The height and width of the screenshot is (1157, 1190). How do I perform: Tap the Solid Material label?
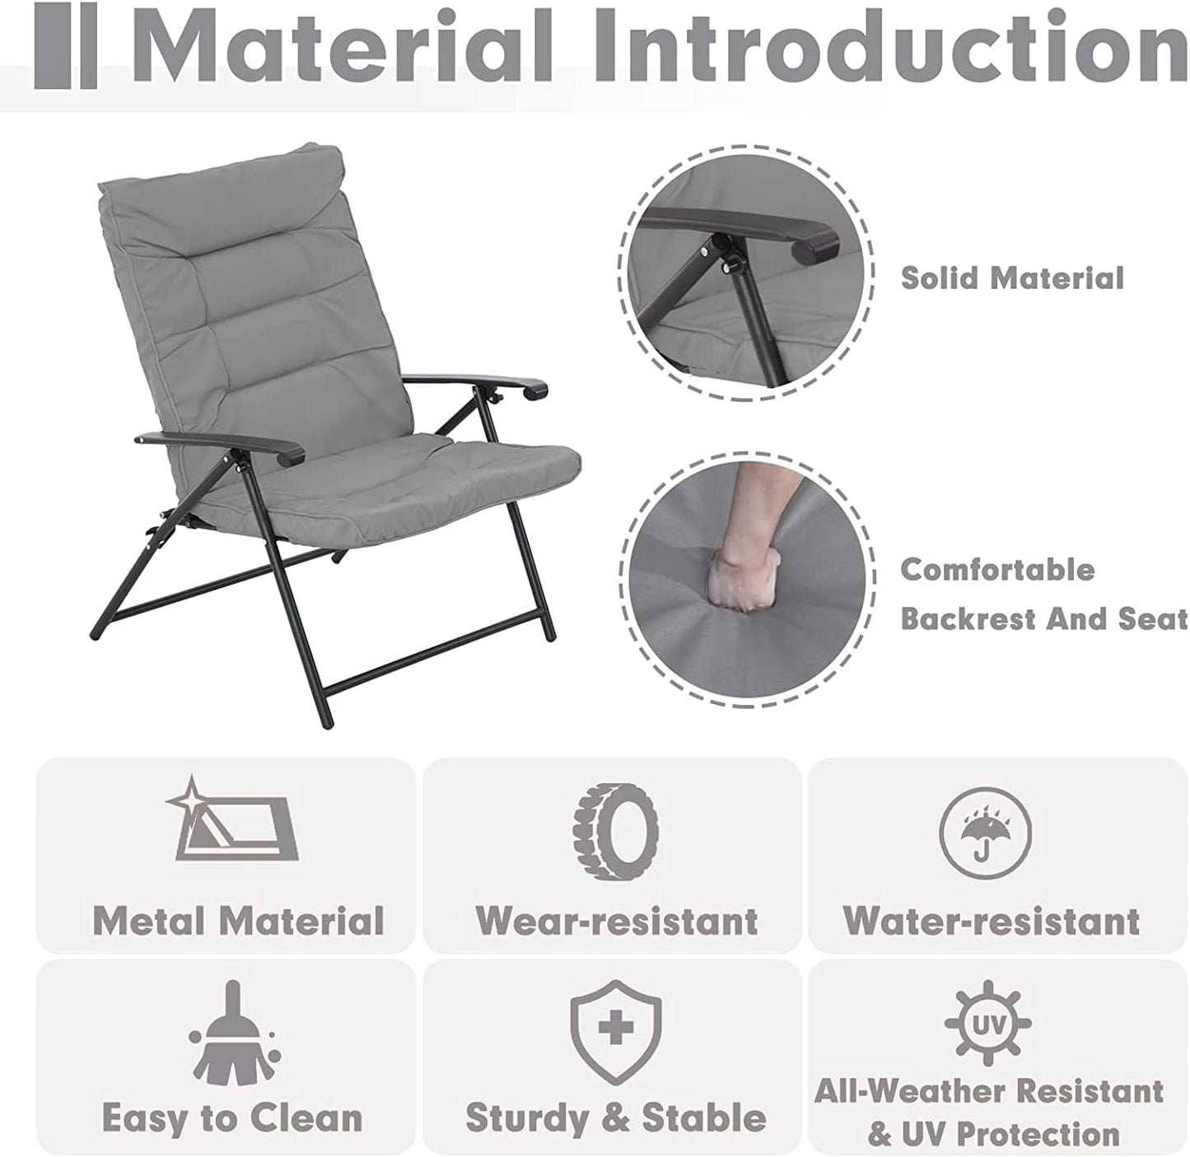pos(1012,278)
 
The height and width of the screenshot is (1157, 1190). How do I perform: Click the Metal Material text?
pos(238,921)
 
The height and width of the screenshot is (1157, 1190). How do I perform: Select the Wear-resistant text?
pos(616,921)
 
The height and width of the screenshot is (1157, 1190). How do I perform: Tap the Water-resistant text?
pos(992,921)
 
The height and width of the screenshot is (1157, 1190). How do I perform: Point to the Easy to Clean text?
pos(231,1118)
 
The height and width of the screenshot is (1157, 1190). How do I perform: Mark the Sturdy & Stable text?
pos(615,1118)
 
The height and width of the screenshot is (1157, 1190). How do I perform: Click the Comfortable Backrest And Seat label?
pos(1043,594)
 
